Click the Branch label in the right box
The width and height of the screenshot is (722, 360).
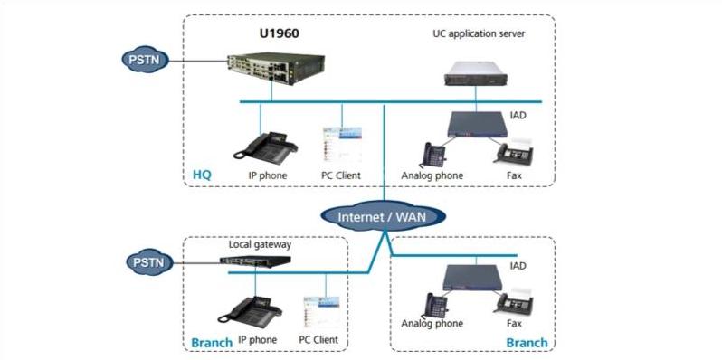click(526, 343)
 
